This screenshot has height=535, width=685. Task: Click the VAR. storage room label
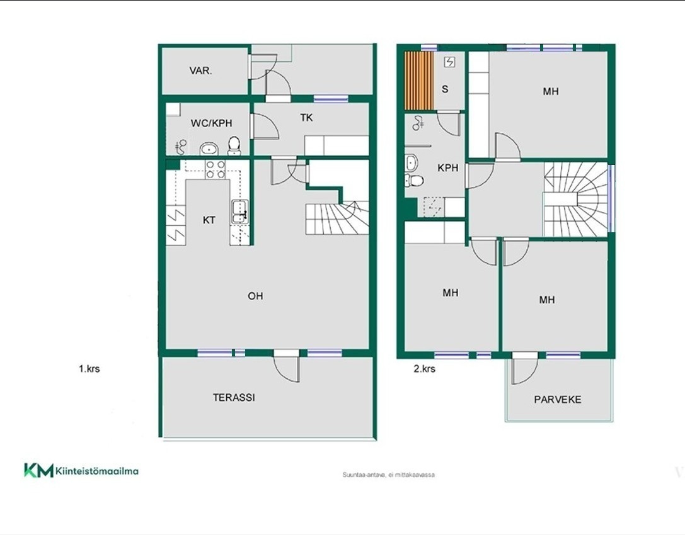pyautogui.click(x=200, y=70)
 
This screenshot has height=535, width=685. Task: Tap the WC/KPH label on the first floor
pyautogui.click(x=212, y=123)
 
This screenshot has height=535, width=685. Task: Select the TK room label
pyautogui.click(x=306, y=118)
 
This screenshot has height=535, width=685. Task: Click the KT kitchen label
pyautogui.click(x=209, y=220)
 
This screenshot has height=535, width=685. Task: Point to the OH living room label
pyautogui.click(x=256, y=296)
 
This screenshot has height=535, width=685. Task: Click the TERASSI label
pyautogui.click(x=234, y=398)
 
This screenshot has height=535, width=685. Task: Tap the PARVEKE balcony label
pyautogui.click(x=558, y=399)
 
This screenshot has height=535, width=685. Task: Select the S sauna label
pyautogui.click(x=445, y=89)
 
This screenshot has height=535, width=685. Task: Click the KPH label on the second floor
pyautogui.click(x=448, y=167)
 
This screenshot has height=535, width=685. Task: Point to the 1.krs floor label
pyautogui.click(x=89, y=369)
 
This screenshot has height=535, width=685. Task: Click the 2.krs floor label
pyautogui.click(x=424, y=369)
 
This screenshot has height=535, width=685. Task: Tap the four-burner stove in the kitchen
pyautogui.click(x=216, y=169)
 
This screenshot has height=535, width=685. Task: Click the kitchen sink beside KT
pyautogui.click(x=240, y=212)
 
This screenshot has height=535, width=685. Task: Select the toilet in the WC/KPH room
pyautogui.click(x=234, y=146)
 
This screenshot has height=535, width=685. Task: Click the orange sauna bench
pyautogui.click(x=419, y=81)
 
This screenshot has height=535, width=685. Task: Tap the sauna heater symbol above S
pyautogui.click(x=449, y=62)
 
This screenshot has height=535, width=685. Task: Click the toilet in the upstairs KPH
pyautogui.click(x=414, y=180)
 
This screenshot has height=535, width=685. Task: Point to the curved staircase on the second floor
pyautogui.click(x=576, y=200)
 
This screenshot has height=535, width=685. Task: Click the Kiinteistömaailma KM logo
pyautogui.click(x=81, y=470)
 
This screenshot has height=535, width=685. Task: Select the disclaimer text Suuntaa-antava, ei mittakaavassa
pyautogui.click(x=388, y=475)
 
